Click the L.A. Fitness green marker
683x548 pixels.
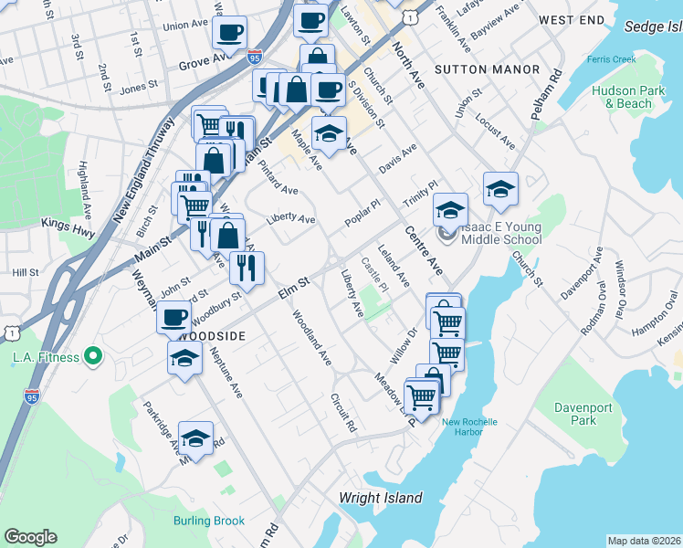92,356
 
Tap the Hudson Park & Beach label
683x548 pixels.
622,97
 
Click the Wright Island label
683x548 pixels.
381,498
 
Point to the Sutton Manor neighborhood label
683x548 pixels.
475,68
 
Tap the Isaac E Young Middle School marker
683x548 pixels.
445,234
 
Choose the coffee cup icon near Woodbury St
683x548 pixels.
173,318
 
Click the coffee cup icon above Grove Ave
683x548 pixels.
229,33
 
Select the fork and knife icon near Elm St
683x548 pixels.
246,266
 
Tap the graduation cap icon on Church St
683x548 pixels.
500,189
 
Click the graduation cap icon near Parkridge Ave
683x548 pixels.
195,438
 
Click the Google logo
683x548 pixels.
30,537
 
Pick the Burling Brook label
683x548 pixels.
209,521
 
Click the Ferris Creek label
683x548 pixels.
612,60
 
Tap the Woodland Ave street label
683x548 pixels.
310,339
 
